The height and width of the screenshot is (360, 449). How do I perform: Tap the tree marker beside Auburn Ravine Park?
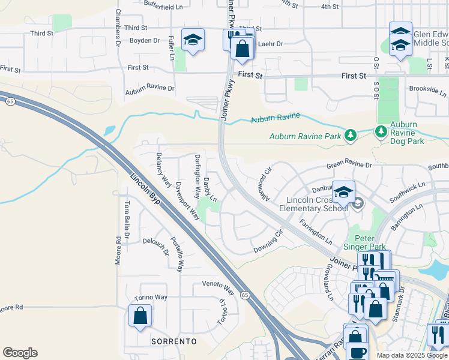(x=351, y=136)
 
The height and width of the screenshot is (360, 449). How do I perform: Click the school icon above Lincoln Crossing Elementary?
(x=343, y=193)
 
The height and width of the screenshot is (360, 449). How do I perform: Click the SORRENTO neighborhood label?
(x=174, y=341)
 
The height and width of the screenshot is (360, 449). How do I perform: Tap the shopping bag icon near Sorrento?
(x=140, y=315)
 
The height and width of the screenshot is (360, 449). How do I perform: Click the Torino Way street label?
(x=150, y=297)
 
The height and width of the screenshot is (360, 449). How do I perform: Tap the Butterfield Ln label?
(x=163, y=7)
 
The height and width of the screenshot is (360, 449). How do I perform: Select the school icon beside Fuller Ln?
(x=193, y=40)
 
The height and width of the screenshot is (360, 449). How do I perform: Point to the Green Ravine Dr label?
(x=349, y=165)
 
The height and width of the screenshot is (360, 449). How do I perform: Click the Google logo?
(x=20, y=353)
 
